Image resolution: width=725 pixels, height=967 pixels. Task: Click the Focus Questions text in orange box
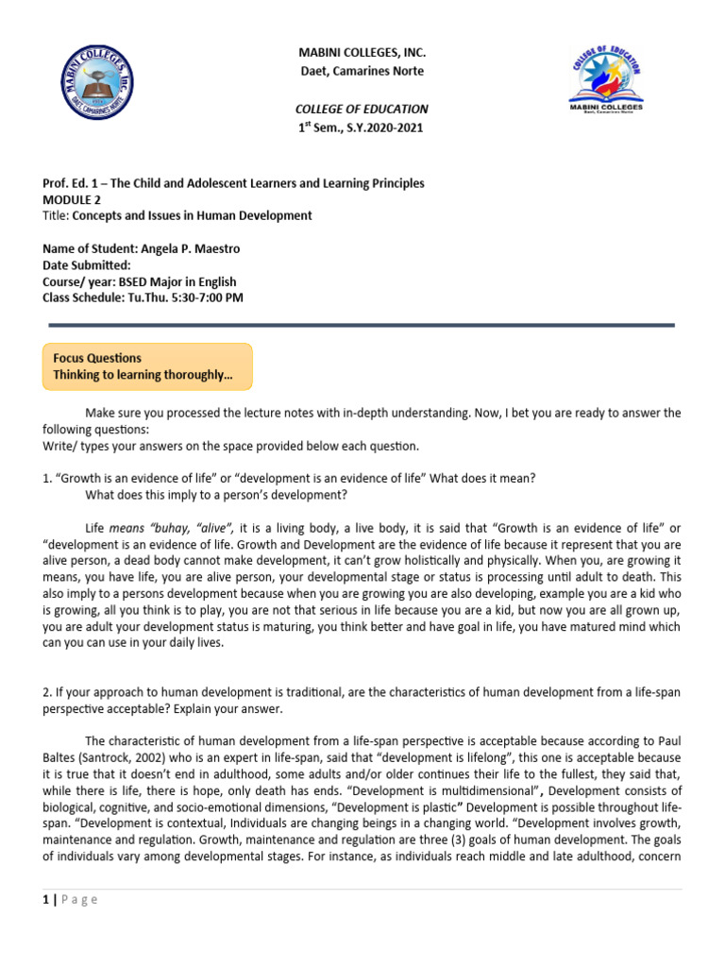click(97, 358)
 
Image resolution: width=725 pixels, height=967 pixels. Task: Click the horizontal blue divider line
click(362, 325)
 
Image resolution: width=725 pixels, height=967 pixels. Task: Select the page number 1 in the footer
click(46, 899)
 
